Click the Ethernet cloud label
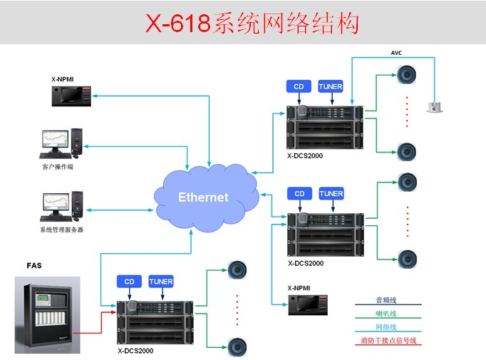[x=203, y=197]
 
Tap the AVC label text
[x=397, y=53]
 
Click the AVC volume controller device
[x=434, y=107]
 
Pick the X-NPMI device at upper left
[x=72, y=96]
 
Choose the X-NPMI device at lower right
[x=307, y=304]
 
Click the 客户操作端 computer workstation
[x=61, y=143]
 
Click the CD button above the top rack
[x=299, y=87]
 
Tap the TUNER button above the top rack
[x=331, y=87]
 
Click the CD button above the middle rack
[x=299, y=194]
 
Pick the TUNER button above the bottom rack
[x=161, y=282]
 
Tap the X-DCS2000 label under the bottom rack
[x=135, y=351]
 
